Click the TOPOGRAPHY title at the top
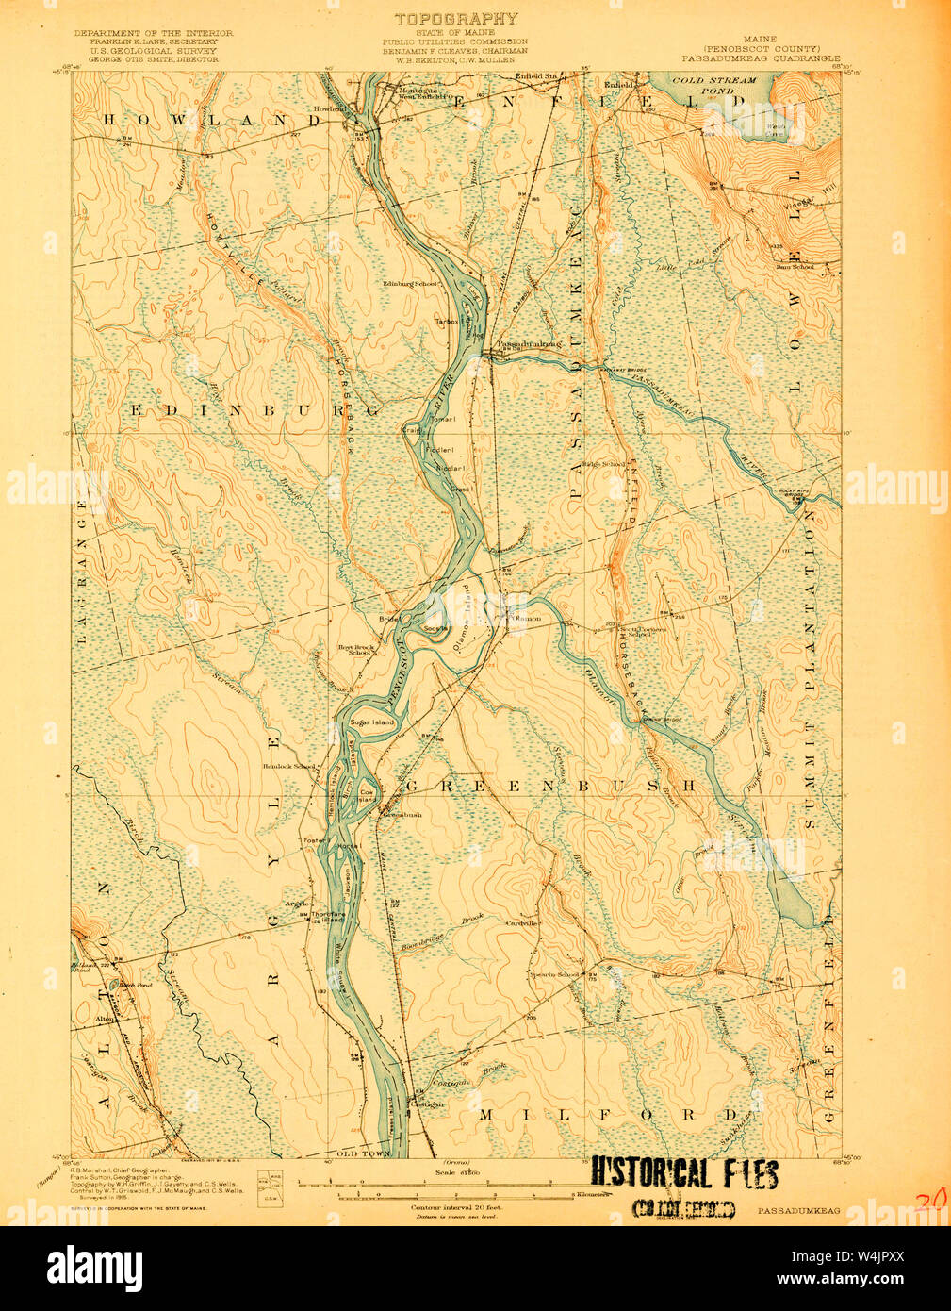pyautogui.click(x=456, y=19)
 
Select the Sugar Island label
pyautogui.click(x=371, y=722)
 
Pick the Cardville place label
pyautogui.click(x=521, y=923)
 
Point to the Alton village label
pyautogui.click(x=105, y=1020)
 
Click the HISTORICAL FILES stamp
pyautogui.click(x=684, y=1174)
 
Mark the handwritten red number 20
pyautogui.click(x=930, y=1200)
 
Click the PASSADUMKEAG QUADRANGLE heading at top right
pyautogui.click(x=761, y=58)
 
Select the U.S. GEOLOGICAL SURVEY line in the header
pyautogui.click(x=153, y=50)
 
